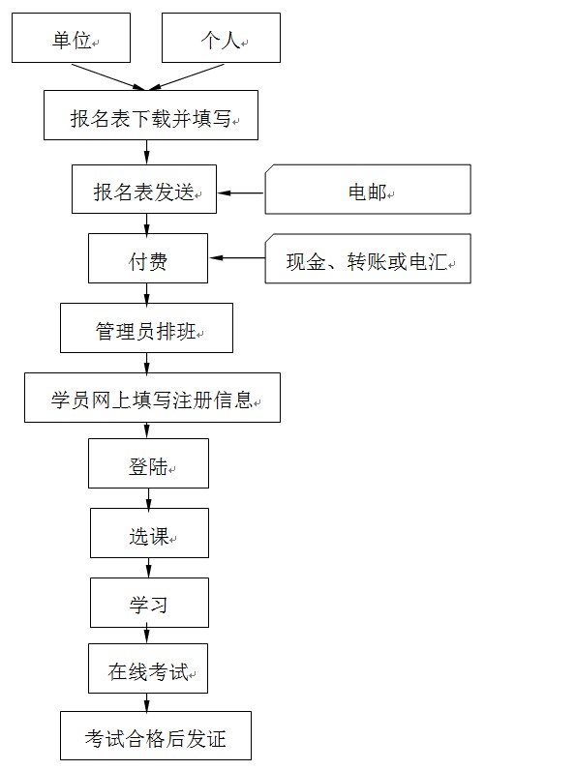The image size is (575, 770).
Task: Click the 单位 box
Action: pos(72,38)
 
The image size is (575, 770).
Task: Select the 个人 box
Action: pos(221,38)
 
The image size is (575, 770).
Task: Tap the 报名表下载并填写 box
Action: pos(151,115)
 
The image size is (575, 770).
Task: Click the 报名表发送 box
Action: pos(144,189)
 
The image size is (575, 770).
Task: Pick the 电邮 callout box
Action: pos(368,190)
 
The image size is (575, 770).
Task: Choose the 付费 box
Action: pos(148,258)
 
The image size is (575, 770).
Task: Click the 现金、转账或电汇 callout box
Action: pos(368,259)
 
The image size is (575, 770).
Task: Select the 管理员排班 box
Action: pos(146,328)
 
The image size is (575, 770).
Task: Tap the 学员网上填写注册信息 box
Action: pos(152,398)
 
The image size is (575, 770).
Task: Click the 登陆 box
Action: pos(148,463)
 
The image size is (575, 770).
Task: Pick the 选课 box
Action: pos(149,533)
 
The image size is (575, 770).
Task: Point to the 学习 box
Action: pos(149,603)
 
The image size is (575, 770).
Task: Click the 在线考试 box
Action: pos(148,668)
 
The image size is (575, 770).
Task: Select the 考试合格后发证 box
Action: pos(156,736)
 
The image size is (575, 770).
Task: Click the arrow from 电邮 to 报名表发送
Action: pos(241,193)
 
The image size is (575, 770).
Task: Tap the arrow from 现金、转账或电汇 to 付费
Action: pos(237,258)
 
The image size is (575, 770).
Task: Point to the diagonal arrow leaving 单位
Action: pos(109,77)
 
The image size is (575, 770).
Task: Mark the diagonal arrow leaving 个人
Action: pos(186,77)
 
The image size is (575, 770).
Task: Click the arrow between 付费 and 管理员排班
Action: pos(146,293)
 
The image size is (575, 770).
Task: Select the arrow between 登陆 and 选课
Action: pos(148,498)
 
